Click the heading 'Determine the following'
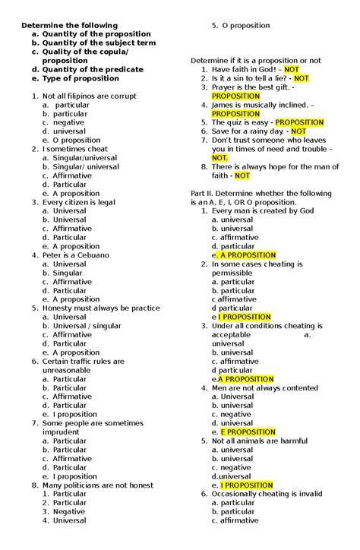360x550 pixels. tap(69, 26)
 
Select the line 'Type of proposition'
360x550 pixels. tap(81, 78)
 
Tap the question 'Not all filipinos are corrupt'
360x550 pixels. tap(90, 96)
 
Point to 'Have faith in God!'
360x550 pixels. tap(242, 69)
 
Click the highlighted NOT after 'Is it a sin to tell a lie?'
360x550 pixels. tap(301, 78)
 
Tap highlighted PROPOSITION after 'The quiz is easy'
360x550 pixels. tap(299, 122)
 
